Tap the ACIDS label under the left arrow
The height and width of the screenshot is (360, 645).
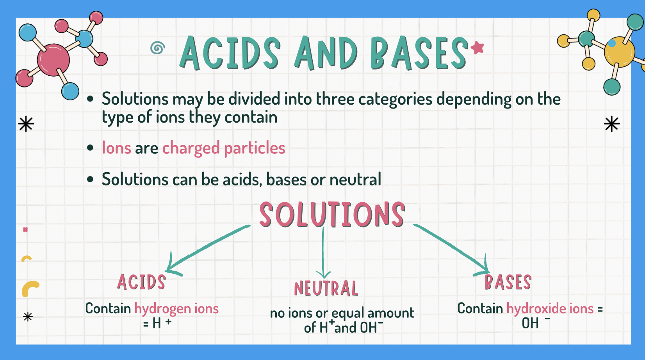(142, 282)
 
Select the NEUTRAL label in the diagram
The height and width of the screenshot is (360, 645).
(326, 289)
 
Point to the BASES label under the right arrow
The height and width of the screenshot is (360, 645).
(508, 282)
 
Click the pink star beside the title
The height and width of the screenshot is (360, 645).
(477, 48)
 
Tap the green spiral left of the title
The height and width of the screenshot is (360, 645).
(157, 48)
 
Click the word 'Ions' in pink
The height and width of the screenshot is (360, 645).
(116, 148)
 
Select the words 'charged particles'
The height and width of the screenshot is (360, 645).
(224, 148)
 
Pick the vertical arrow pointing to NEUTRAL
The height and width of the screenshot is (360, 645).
(323, 254)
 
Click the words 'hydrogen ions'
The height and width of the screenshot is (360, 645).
(176, 308)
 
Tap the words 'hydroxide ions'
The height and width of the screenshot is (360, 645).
(550, 308)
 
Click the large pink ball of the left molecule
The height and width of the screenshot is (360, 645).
(53, 60)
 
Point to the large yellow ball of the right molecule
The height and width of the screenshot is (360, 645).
(619, 52)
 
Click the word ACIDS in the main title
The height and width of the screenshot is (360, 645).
(230, 53)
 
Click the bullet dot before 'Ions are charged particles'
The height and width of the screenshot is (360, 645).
(91, 148)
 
